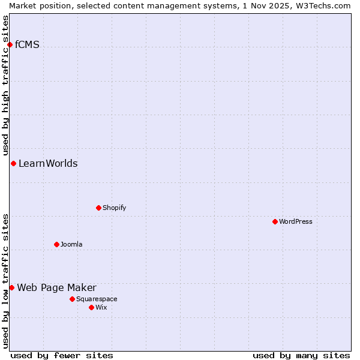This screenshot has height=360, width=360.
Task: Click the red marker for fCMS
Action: (10, 44)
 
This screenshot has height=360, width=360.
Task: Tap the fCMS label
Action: (27, 44)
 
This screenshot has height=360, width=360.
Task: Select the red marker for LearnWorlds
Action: (13, 163)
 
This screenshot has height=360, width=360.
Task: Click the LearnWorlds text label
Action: (48, 163)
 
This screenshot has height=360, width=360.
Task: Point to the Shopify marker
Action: (98, 208)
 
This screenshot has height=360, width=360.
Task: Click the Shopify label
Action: (114, 208)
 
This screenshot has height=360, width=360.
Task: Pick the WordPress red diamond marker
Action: (275, 221)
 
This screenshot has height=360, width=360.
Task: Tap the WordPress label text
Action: (295, 221)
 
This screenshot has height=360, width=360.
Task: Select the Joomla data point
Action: (56, 244)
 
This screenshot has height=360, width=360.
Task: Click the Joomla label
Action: (71, 244)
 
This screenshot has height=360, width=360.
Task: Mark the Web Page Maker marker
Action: (11, 287)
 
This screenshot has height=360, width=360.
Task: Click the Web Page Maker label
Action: (56, 287)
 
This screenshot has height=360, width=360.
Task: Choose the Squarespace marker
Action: (72, 299)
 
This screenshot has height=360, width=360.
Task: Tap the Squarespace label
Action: (97, 299)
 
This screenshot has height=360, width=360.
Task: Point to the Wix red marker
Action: (91, 307)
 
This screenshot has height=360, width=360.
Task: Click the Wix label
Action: (101, 307)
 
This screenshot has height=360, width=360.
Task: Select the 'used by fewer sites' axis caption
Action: (62, 355)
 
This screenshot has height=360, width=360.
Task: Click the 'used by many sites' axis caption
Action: (301, 355)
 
